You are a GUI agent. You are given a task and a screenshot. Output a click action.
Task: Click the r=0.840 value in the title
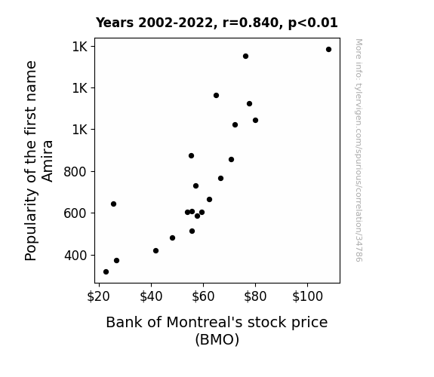(x=251, y=23)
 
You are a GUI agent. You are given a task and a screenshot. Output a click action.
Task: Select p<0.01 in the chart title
(x=313, y=23)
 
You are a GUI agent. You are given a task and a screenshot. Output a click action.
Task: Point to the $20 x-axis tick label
(x=99, y=296)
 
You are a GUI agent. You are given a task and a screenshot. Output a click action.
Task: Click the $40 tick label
(x=151, y=296)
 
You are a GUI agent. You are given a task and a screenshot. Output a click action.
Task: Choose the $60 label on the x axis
(x=203, y=296)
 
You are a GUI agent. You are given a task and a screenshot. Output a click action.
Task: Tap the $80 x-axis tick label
(x=255, y=296)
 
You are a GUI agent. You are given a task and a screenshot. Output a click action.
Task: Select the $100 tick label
(x=307, y=296)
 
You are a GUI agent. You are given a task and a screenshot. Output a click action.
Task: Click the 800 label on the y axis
(x=75, y=172)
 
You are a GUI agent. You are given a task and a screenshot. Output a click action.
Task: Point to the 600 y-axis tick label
(x=75, y=213)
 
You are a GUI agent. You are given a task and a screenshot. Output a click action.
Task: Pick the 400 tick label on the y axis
(x=75, y=256)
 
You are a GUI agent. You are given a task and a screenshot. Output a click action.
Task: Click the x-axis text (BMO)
(x=217, y=339)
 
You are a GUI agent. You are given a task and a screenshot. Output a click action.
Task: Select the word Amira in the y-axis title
(x=48, y=161)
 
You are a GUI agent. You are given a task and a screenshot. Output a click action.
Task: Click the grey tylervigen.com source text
(x=359, y=150)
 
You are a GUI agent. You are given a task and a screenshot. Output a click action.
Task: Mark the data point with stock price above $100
(x=328, y=50)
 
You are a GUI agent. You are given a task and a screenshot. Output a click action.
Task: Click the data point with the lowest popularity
(x=106, y=272)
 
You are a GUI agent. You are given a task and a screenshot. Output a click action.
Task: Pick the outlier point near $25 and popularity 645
(x=113, y=204)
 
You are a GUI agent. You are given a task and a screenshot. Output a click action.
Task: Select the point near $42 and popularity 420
(x=155, y=251)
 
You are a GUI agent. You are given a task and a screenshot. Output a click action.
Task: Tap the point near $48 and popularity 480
(x=172, y=238)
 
